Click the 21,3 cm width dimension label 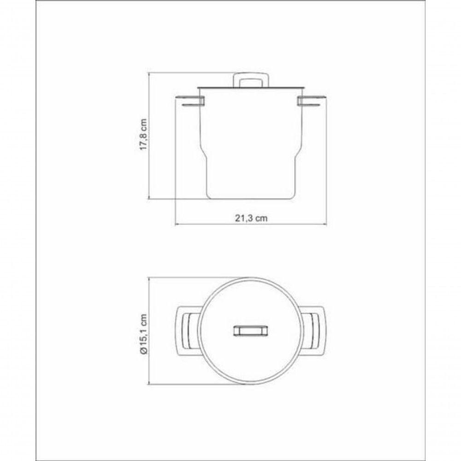pyautogui.click(x=251, y=218)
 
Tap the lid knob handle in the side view pyautogui.click(x=251, y=79)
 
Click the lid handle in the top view pyautogui.click(x=251, y=331)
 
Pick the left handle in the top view pyautogui.click(x=188, y=331)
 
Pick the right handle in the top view pyautogui.click(x=314, y=331)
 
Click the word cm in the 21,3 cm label pyautogui.click(x=262, y=218)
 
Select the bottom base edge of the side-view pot pyautogui.click(x=251, y=200)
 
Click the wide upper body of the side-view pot pyautogui.click(x=251, y=120)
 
